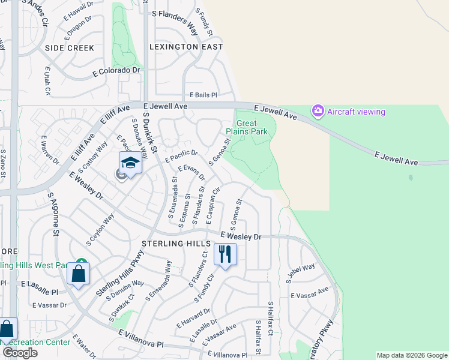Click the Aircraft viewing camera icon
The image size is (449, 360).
click(318, 111)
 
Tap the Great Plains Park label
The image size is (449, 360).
click(247, 128)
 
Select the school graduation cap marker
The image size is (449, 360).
click(130, 163)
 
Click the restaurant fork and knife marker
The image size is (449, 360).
click(225, 254)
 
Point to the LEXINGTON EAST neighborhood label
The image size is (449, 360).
click(186, 47)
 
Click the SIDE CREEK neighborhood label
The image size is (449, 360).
click(69, 47)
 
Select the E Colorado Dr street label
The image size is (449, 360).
click(116, 71)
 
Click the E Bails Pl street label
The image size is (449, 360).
click(203, 95)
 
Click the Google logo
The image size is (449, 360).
click(20, 352)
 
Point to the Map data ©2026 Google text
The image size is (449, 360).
click(411, 355)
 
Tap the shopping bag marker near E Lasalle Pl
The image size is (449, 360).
click(79, 274)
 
